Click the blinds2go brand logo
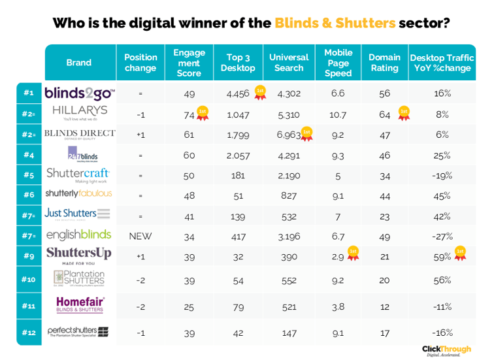[x=80, y=93]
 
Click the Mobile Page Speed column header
[x=338, y=63]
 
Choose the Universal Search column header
[x=289, y=63]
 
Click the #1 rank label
[x=29, y=93]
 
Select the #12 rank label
[x=29, y=332]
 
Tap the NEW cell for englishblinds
[x=140, y=236]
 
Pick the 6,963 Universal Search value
[x=288, y=135]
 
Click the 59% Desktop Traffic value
[x=442, y=256]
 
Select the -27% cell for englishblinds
[x=442, y=236]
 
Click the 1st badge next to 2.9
[x=353, y=253]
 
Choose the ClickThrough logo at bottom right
[x=446, y=350]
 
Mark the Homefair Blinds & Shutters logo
[x=80, y=304]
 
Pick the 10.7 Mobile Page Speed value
[x=338, y=114]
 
